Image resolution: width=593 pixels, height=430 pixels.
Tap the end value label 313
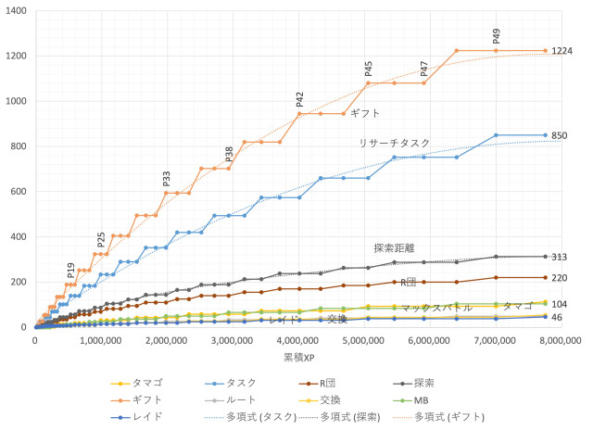559,258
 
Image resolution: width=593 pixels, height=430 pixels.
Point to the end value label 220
559,278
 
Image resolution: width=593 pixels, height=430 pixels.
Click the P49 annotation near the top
497,36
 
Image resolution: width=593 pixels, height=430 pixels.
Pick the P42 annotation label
300,99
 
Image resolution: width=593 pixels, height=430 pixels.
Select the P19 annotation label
71,270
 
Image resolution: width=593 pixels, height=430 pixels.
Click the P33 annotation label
167,179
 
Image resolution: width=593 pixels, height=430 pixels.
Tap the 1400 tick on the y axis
15,11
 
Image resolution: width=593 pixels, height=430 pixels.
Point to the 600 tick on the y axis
19,192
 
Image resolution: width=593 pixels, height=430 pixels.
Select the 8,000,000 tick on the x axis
561,340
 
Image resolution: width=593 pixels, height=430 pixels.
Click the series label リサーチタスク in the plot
394,144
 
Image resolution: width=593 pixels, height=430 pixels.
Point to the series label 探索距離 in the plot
394,248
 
